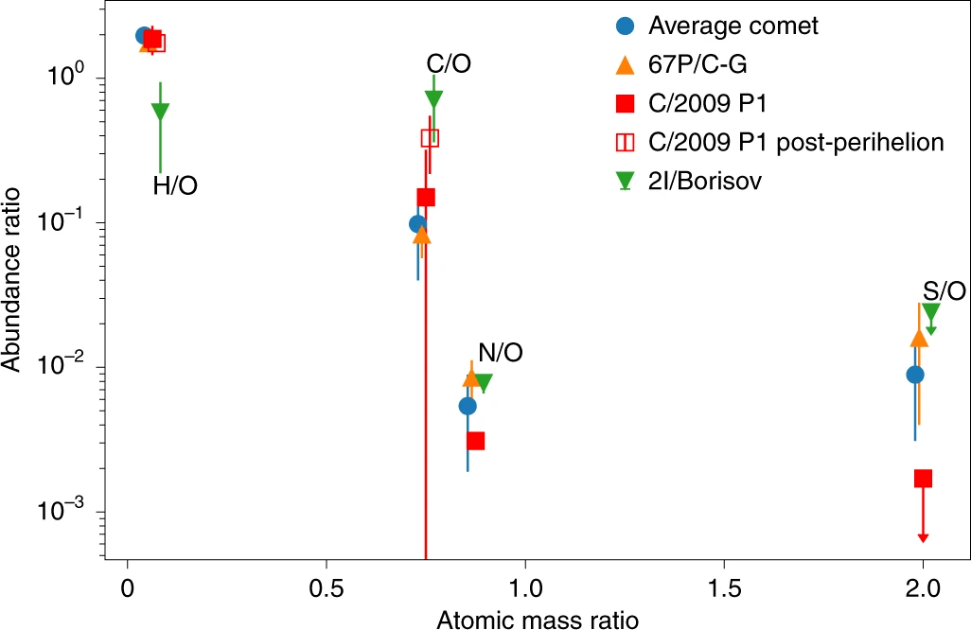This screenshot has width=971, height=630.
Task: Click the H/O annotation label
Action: click(175, 187)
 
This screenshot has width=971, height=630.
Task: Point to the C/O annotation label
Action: click(449, 64)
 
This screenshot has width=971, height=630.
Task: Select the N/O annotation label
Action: click(500, 354)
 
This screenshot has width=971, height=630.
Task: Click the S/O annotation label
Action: click(945, 291)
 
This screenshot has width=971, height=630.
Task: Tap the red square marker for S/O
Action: click(923, 479)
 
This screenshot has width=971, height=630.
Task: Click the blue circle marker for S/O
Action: click(915, 375)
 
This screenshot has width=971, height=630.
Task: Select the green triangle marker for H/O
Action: click(161, 112)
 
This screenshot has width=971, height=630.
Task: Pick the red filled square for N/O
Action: click(476, 441)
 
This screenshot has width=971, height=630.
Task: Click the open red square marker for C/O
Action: click(430, 138)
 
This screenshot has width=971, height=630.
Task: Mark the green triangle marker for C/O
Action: click(434, 98)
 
